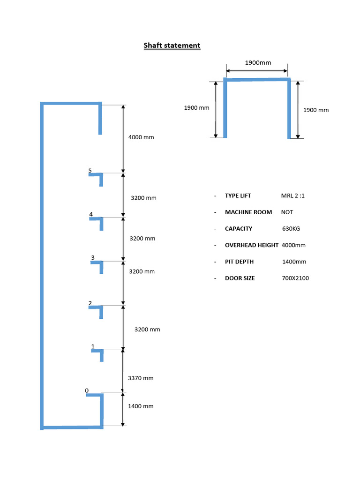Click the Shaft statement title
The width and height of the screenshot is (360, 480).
[172, 45]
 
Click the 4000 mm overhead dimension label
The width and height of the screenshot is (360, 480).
[141, 137]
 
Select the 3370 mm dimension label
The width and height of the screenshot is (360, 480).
[141, 378]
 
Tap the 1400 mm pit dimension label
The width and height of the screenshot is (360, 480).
[141, 406]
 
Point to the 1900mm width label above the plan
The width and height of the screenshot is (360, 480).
[258, 63]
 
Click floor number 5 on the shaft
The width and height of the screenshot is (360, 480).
[90, 171]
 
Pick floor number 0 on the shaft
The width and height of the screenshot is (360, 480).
[87, 390]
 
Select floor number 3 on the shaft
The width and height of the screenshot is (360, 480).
[93, 258]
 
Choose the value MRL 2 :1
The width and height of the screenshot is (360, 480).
[293, 195]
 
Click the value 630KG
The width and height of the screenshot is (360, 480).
[291, 229]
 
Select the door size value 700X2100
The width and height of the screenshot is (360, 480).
[295, 278]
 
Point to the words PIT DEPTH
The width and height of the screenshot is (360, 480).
[240, 262]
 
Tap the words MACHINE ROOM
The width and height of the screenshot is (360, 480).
[248, 212]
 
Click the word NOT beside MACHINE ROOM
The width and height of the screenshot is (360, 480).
[287, 212]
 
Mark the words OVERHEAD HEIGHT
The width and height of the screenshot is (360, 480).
[252, 245]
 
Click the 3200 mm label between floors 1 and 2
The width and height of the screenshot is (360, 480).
[147, 330]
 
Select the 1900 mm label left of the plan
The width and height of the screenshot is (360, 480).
[196, 108]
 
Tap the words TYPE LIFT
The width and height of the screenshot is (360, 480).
[238, 195]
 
